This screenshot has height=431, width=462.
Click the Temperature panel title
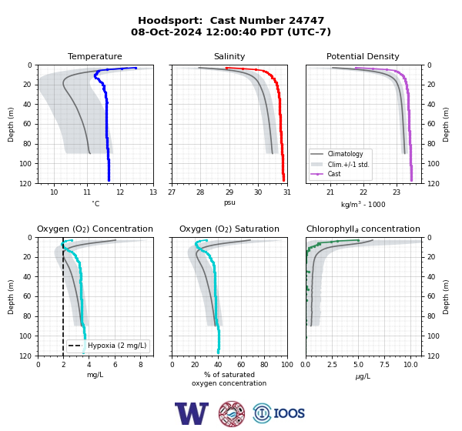(x=95, y=56)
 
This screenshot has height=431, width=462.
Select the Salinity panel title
(x=229, y=56)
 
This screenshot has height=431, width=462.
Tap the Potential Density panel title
(x=363, y=56)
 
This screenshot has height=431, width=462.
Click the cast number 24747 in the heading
(x=306, y=21)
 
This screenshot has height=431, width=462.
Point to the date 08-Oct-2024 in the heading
(x=166, y=32)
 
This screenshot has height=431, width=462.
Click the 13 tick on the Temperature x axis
(x=153, y=192)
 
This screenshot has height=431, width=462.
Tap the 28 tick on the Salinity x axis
(x=200, y=192)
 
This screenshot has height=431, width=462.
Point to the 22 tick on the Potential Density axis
(x=363, y=192)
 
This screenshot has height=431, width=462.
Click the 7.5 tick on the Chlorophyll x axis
(x=384, y=365)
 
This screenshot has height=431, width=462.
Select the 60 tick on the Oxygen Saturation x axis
(x=241, y=365)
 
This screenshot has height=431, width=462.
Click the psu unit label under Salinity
(x=229, y=202)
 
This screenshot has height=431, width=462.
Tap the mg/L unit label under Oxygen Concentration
(x=95, y=375)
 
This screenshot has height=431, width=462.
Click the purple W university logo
(x=192, y=413)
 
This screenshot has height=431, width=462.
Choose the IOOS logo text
(x=289, y=413)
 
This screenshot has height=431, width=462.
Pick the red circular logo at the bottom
(x=232, y=413)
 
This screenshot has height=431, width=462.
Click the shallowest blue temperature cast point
(x=136, y=68)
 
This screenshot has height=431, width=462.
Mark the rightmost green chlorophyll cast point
(x=358, y=240)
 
